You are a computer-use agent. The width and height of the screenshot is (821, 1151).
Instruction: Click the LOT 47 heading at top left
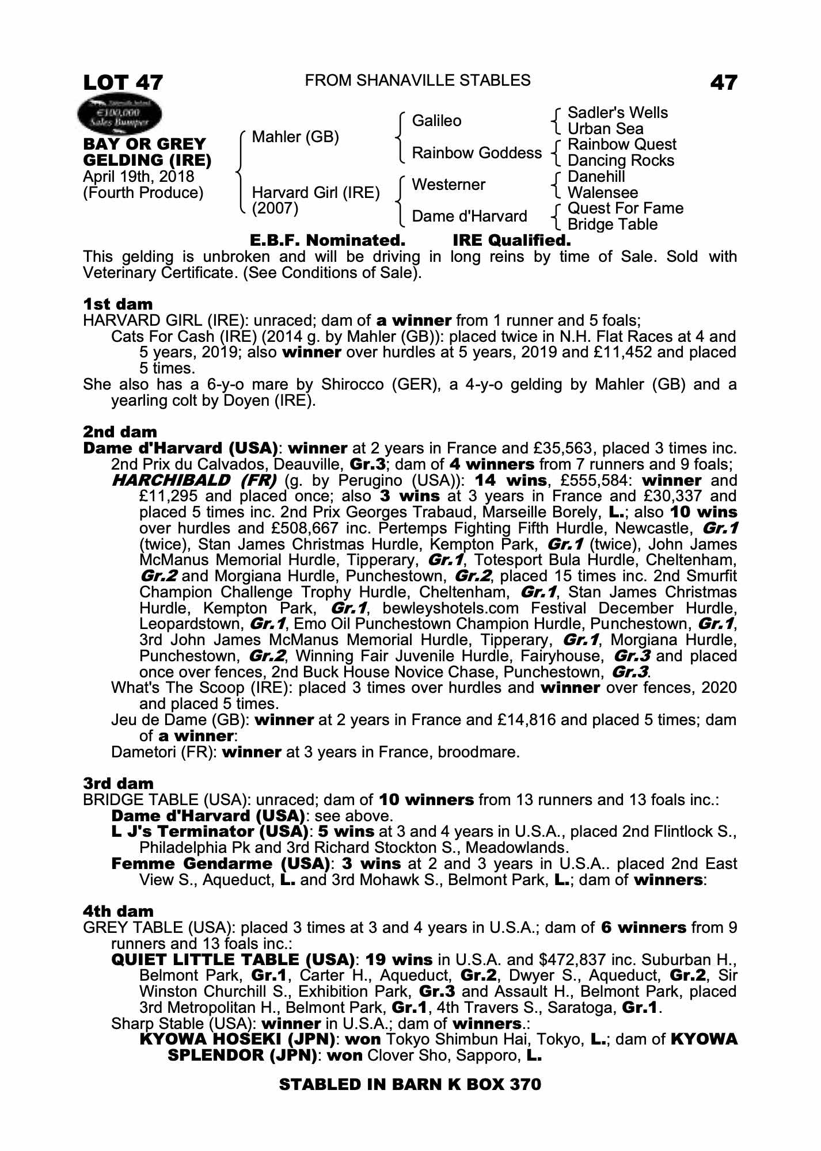123,82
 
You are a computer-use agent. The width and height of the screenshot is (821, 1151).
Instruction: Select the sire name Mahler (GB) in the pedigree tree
295,137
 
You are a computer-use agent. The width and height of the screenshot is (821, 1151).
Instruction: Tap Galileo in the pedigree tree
436,121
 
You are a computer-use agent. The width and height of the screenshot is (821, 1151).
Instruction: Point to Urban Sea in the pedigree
605,129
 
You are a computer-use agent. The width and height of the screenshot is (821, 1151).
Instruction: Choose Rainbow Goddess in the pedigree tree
477,153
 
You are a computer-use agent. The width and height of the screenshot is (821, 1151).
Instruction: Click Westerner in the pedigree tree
448,185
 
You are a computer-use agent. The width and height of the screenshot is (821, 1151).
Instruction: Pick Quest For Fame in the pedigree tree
625,208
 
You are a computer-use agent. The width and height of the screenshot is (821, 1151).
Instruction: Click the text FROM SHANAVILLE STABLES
417,81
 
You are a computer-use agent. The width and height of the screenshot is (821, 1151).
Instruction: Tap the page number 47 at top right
723,82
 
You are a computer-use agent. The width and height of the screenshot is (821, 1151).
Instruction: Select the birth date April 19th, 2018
139,177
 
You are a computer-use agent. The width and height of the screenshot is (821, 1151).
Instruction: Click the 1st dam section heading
118,304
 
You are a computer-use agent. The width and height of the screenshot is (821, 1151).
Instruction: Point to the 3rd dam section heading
119,783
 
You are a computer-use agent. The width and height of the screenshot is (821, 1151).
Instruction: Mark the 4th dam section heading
119,911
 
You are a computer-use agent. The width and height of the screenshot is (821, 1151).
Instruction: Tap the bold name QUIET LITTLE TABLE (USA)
233,959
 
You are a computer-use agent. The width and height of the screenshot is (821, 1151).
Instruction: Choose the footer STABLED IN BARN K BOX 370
410,1084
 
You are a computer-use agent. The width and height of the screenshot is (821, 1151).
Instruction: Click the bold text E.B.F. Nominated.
327,240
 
